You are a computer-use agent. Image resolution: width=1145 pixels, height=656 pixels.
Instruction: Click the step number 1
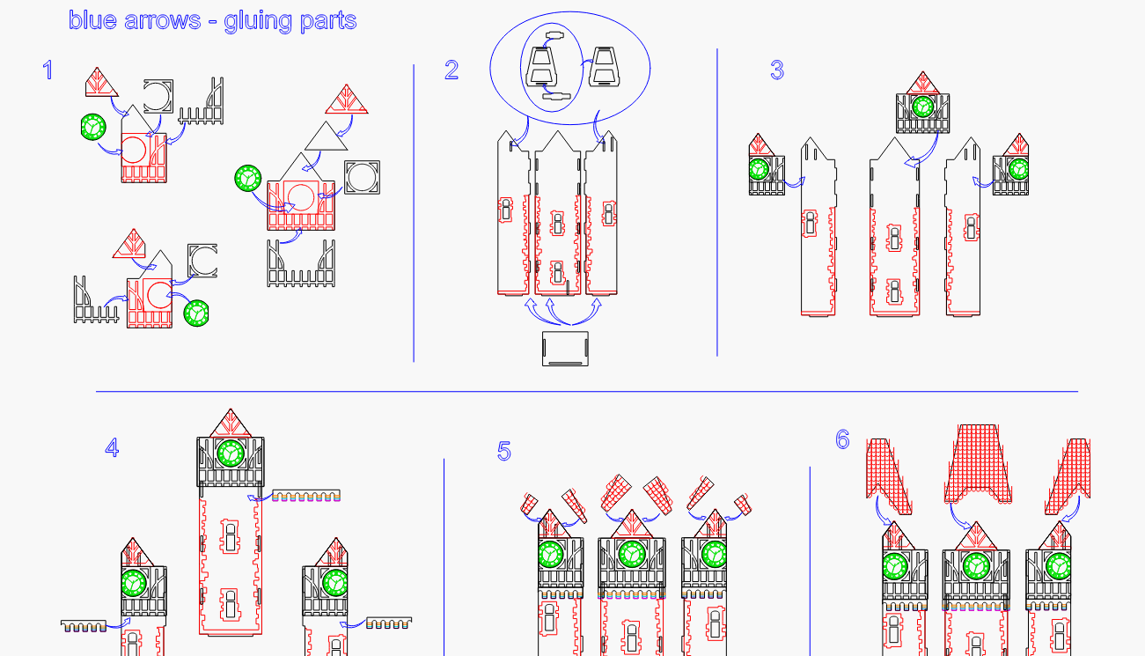[x=48, y=70]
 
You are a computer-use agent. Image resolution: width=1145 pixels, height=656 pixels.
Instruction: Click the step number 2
[x=451, y=70]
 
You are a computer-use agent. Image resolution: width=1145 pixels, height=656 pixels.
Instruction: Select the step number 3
[x=776, y=70]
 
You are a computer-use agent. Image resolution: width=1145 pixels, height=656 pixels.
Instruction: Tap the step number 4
[x=112, y=448]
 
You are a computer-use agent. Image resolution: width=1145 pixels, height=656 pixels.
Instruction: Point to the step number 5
[x=503, y=452]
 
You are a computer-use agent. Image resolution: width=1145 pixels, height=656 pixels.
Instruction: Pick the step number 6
[x=842, y=439]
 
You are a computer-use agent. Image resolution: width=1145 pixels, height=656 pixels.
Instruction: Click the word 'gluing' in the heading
[x=258, y=20]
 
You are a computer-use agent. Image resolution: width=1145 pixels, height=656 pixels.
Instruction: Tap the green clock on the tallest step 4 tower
[x=231, y=453]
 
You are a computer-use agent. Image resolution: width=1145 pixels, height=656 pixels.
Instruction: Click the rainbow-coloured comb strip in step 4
[x=306, y=497]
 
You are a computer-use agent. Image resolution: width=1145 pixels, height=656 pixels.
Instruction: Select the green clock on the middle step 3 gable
[x=922, y=107]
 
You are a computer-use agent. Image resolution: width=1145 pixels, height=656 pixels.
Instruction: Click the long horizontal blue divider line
[x=586, y=391]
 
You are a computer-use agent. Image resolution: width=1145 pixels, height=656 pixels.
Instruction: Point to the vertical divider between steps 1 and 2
[x=414, y=211]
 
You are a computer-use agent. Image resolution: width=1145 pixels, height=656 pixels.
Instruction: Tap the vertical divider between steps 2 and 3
[x=717, y=203]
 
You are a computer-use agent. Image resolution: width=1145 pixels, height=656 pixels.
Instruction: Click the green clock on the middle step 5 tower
[x=631, y=555]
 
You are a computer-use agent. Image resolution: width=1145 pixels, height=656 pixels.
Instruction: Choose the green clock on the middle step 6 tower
[x=974, y=565]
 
